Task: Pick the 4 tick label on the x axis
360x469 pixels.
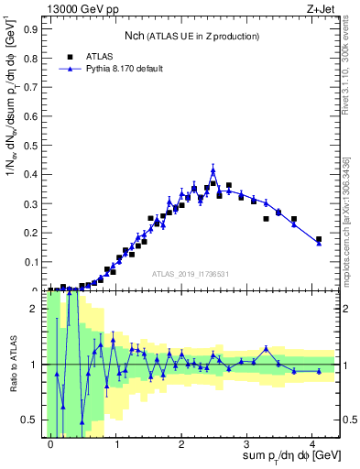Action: [312, 442]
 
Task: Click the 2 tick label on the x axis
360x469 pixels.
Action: [181, 442]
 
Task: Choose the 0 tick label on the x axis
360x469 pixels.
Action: [50, 442]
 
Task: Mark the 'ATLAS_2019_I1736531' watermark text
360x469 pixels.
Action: [191, 273]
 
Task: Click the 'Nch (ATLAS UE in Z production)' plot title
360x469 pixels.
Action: [192, 36]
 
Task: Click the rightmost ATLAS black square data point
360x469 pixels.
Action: [319, 239]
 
